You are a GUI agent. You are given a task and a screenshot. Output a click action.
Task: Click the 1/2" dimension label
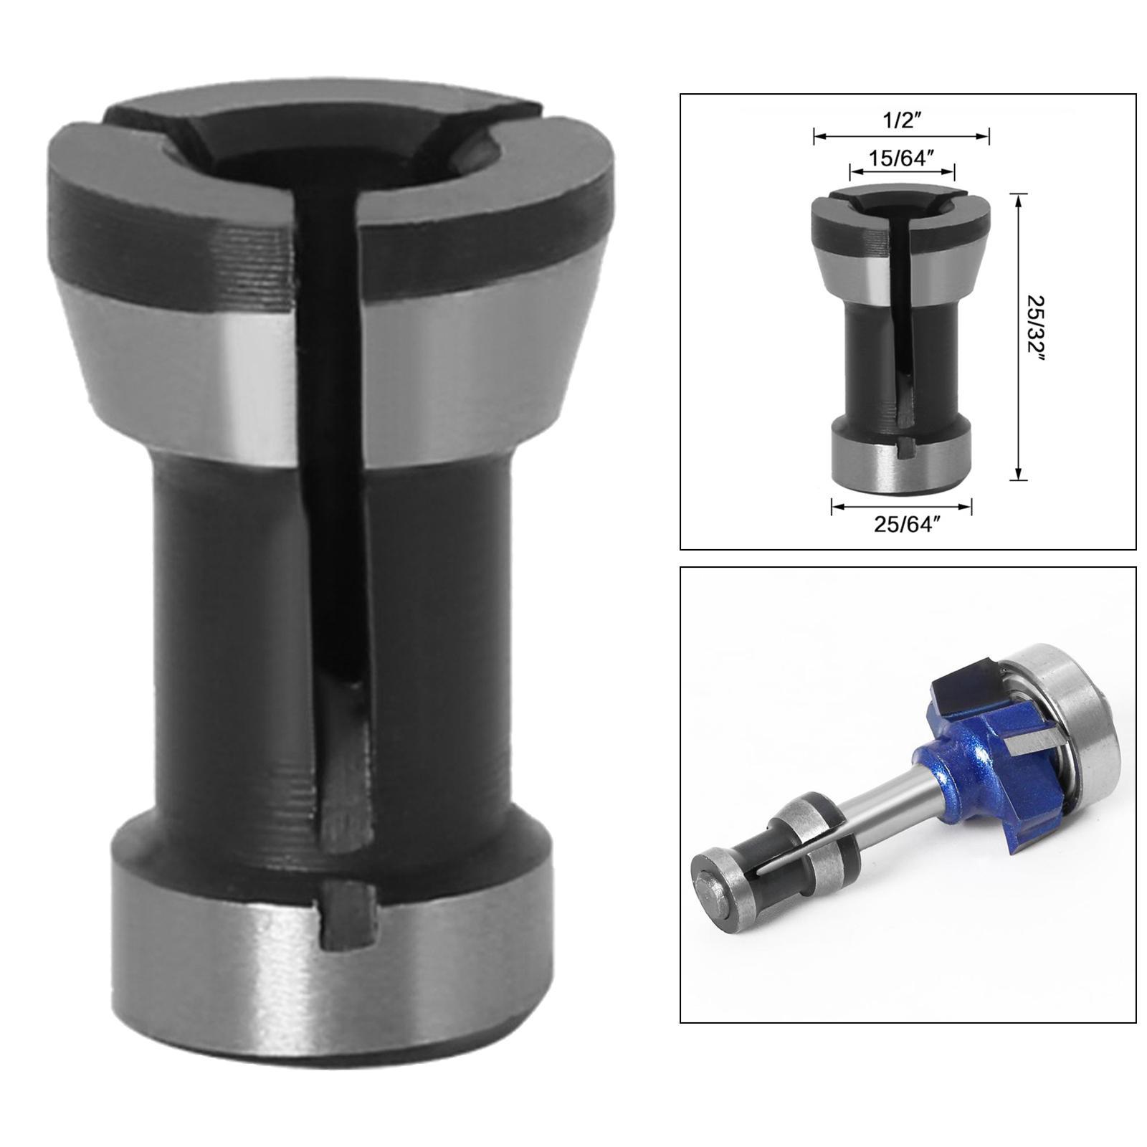click(901, 119)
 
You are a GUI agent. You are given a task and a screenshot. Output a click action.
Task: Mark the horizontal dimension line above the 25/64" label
click(901, 507)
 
